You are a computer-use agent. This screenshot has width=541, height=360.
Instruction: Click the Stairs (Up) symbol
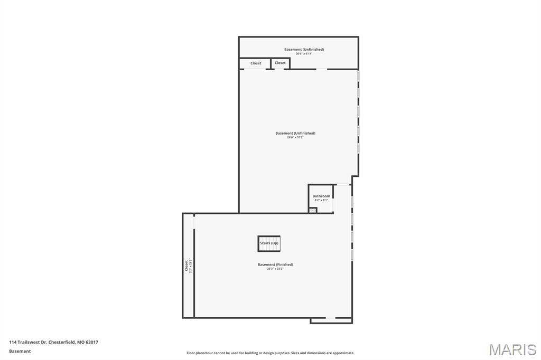point(269,243)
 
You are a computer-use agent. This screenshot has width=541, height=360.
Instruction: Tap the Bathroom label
point(321,196)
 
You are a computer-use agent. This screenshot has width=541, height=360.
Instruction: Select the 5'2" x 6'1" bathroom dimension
point(321,200)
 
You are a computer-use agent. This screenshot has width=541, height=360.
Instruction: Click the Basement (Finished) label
point(275,264)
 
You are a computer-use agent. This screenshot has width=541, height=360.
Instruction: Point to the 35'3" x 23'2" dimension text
point(275,269)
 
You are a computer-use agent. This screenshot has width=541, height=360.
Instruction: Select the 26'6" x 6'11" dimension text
point(304,53)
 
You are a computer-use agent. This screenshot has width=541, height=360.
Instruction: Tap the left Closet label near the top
point(256,63)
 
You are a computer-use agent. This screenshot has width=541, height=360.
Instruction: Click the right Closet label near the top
point(280,63)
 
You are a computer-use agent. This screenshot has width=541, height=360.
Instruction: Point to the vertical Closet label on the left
point(186,265)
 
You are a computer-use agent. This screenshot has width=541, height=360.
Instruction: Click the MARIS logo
point(512,349)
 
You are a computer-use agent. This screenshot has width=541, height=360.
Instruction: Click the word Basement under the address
point(20,351)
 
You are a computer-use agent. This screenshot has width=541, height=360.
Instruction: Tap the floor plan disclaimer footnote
point(270,353)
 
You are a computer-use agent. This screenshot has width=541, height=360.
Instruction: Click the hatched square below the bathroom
point(313,210)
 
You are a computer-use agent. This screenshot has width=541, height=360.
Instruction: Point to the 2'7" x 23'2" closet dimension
point(191,265)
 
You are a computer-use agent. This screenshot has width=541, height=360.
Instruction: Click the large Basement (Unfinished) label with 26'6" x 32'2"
point(295,133)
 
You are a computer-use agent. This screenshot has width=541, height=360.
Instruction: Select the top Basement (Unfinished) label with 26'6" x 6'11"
point(304,50)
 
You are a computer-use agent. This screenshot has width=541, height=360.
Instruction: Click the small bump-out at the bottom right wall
point(331,320)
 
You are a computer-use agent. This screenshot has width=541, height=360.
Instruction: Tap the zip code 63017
point(92,342)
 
